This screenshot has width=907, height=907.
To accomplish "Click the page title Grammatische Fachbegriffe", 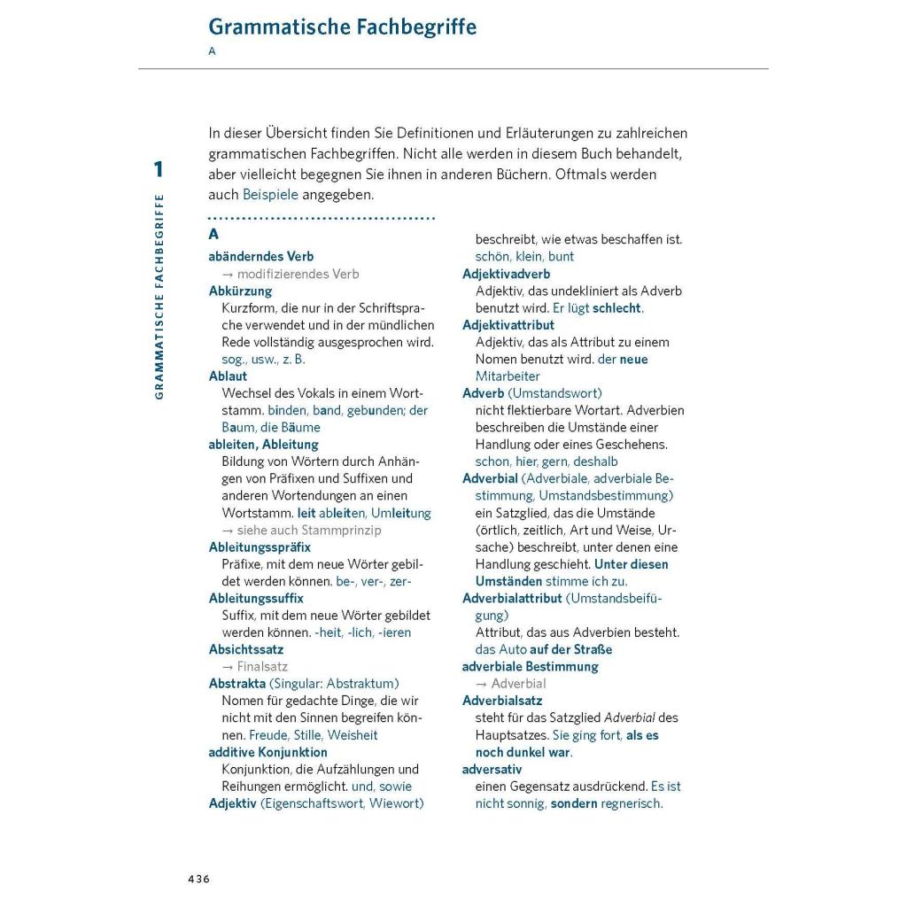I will (342, 27).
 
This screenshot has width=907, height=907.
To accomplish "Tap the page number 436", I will (198, 879).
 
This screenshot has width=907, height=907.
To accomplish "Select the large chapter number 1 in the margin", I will (159, 169).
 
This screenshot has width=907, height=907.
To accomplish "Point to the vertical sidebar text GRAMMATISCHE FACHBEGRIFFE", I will (159, 296).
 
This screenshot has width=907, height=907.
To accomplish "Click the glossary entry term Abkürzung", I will (240, 291).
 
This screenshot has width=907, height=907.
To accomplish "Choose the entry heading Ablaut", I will (228, 376).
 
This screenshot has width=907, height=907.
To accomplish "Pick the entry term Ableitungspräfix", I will (260, 547).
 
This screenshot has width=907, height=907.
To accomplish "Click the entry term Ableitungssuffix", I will (256, 599).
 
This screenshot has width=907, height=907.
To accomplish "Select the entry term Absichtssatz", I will (246, 649).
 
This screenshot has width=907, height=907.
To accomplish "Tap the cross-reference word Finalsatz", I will (262, 667).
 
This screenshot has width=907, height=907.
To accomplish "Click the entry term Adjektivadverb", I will (507, 274).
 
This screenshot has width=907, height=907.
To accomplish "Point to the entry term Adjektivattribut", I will (508, 325).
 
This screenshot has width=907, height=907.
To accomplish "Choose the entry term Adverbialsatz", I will (502, 701).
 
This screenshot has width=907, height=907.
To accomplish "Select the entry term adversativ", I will (492, 770).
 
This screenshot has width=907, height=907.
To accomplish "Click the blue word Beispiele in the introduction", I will (270, 195).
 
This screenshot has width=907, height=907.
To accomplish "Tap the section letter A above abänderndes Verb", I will (213, 235).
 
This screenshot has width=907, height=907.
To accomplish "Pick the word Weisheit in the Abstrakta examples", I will (353, 735).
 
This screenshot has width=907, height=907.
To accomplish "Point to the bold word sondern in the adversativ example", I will (574, 804).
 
